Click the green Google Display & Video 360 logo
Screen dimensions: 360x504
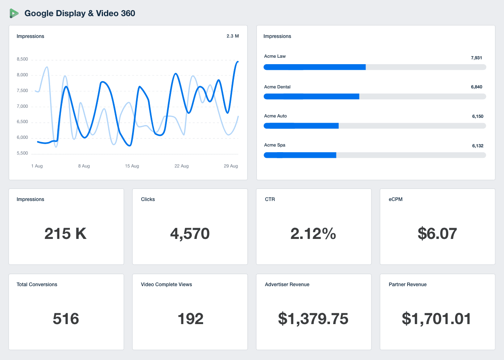(14, 13)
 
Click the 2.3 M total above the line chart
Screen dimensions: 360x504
(232, 36)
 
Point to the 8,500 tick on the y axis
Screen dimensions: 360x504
(22, 59)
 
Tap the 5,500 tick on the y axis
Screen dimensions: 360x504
(22, 153)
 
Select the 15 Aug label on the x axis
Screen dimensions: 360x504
(132, 166)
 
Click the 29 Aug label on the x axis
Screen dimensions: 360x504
(231, 166)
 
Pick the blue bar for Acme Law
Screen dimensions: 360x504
(315, 67)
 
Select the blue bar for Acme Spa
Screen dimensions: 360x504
(300, 155)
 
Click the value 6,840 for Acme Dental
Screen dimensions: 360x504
(477, 87)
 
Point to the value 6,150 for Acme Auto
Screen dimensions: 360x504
(477, 117)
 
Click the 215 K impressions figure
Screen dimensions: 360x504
(65, 234)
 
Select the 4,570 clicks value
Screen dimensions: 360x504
(190, 234)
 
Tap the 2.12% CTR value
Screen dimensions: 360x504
(313, 234)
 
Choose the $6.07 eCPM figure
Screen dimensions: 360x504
(437, 234)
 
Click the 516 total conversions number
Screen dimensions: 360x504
(66, 319)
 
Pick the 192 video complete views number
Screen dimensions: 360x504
(190, 319)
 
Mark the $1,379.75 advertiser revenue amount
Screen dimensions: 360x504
(313, 319)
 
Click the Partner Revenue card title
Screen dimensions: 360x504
(407, 285)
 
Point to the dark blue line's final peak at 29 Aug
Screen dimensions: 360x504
(237, 62)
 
